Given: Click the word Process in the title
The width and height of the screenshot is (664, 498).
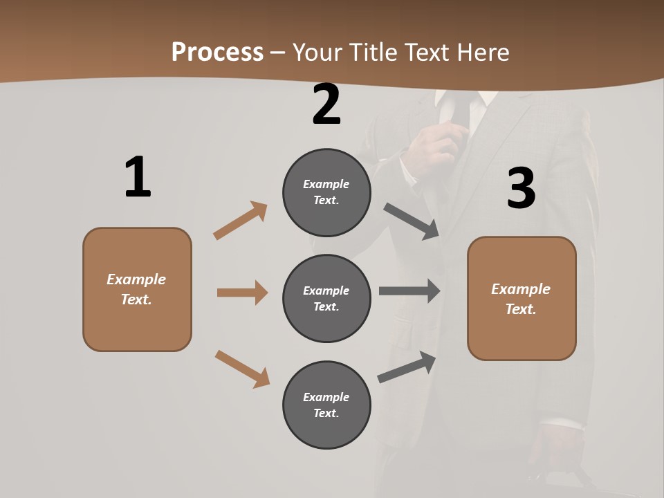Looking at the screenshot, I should pos(217,53).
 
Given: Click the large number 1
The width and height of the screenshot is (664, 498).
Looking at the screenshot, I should pos(138,178).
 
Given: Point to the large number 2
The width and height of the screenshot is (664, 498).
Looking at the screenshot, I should pos(326,105).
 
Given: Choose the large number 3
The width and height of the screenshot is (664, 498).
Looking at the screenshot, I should pos(521,189).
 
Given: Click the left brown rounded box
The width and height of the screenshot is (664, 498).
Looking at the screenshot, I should pos(137,289).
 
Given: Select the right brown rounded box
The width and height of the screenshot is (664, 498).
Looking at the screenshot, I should pos(522,298).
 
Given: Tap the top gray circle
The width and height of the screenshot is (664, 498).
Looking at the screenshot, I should pos(326,192).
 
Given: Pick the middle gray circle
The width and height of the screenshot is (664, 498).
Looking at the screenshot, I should pos(326,298).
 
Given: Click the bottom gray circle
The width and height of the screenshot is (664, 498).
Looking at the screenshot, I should pos(326,405).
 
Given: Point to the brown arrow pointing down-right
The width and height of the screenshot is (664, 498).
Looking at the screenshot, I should pos(242,369).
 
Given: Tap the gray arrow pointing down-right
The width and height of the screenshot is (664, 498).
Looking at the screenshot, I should pos(412,221).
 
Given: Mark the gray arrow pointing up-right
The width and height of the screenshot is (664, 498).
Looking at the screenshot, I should pos(407,367).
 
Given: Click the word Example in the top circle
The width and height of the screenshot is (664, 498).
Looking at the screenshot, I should pos(326,184).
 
